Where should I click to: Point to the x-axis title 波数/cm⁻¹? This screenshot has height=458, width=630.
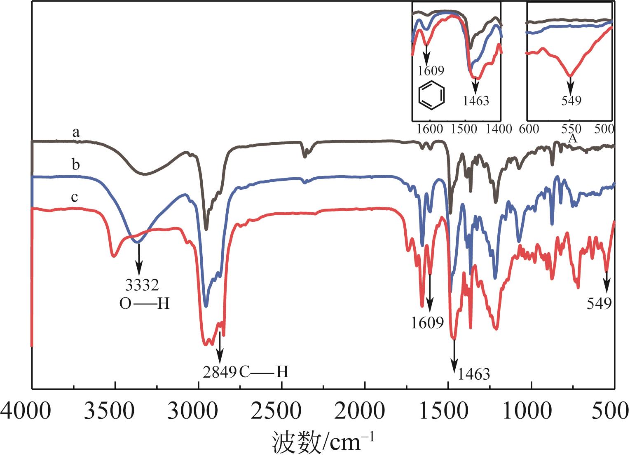(323, 443)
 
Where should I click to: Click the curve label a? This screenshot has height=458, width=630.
(76, 133)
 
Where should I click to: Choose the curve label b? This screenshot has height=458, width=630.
(76, 165)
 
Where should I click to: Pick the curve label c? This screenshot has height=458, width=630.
(75, 198)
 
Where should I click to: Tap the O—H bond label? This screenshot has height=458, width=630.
(145, 304)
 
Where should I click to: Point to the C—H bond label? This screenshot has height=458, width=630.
(264, 372)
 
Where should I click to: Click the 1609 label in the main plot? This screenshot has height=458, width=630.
(428, 322)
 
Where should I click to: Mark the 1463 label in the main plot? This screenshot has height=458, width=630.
(474, 374)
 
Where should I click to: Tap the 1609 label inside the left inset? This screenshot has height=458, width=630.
(431, 70)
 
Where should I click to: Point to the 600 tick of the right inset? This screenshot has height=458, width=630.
(529, 129)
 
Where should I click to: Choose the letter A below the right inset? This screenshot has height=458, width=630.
(572, 140)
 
